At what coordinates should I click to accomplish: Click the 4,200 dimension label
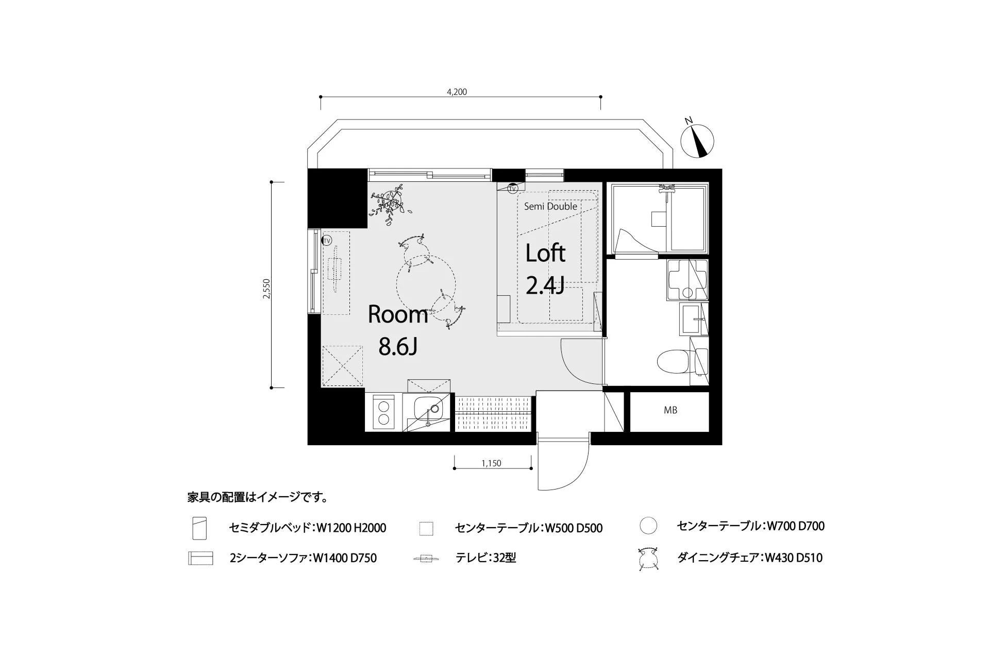[x=457, y=92]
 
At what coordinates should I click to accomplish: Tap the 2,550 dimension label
[x=266, y=289]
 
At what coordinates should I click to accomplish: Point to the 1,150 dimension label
[x=491, y=463]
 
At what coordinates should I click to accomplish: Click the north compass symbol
[x=697, y=140]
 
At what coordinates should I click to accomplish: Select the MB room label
[x=670, y=410]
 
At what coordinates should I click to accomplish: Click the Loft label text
[x=545, y=253]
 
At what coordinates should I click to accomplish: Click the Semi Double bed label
[x=550, y=206]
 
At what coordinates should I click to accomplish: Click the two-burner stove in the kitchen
[x=383, y=412]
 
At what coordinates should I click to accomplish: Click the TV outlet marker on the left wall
[x=327, y=241]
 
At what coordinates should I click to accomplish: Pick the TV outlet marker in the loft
[x=512, y=189]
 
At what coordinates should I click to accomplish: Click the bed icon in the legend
[x=199, y=528]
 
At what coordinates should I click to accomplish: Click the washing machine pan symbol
[x=687, y=280]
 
